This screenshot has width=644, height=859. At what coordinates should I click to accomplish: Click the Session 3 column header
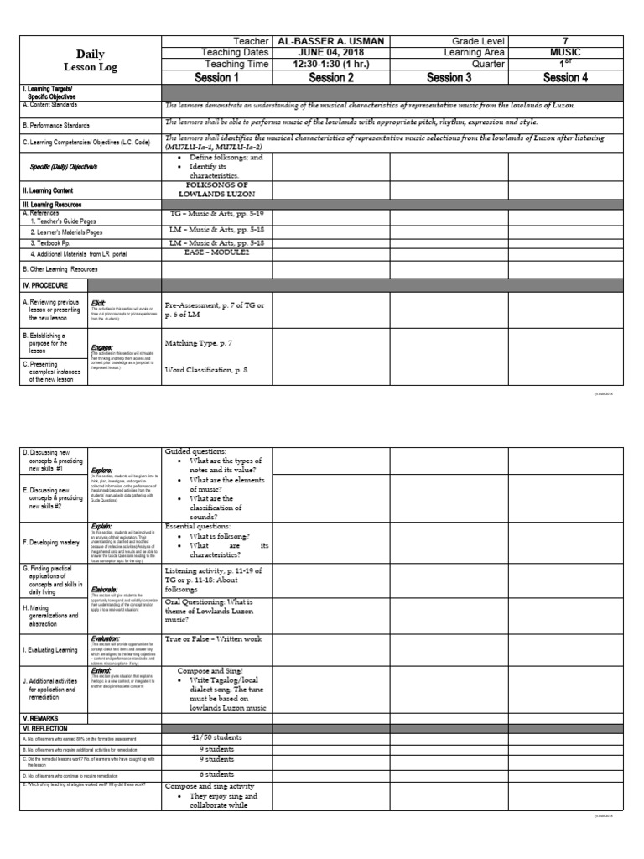click(x=449, y=77)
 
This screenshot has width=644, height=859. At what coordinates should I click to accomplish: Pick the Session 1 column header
click(x=217, y=77)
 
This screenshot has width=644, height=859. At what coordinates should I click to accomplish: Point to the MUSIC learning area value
click(x=565, y=52)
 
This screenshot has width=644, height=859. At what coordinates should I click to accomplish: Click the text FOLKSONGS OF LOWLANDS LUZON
click(x=217, y=190)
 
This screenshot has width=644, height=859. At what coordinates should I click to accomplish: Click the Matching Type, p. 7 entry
click(x=199, y=343)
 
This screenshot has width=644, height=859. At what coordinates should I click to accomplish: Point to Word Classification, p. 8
click(x=206, y=369)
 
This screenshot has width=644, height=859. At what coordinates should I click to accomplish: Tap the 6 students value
click(x=216, y=773)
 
